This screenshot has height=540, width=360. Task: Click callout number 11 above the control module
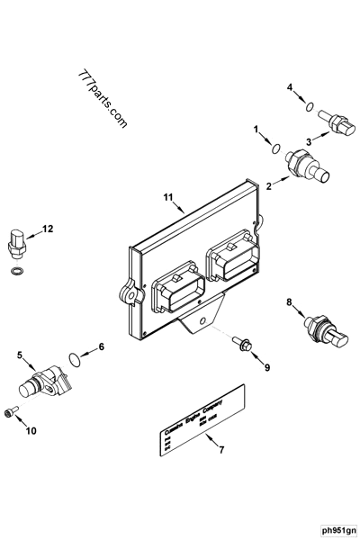[167, 196]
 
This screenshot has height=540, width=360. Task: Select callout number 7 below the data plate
[211, 448]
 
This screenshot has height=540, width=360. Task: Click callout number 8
[289, 301]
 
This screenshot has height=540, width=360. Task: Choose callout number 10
[31, 431]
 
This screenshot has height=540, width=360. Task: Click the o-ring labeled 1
[276, 149]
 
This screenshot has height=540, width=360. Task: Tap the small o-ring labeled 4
[310, 108]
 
